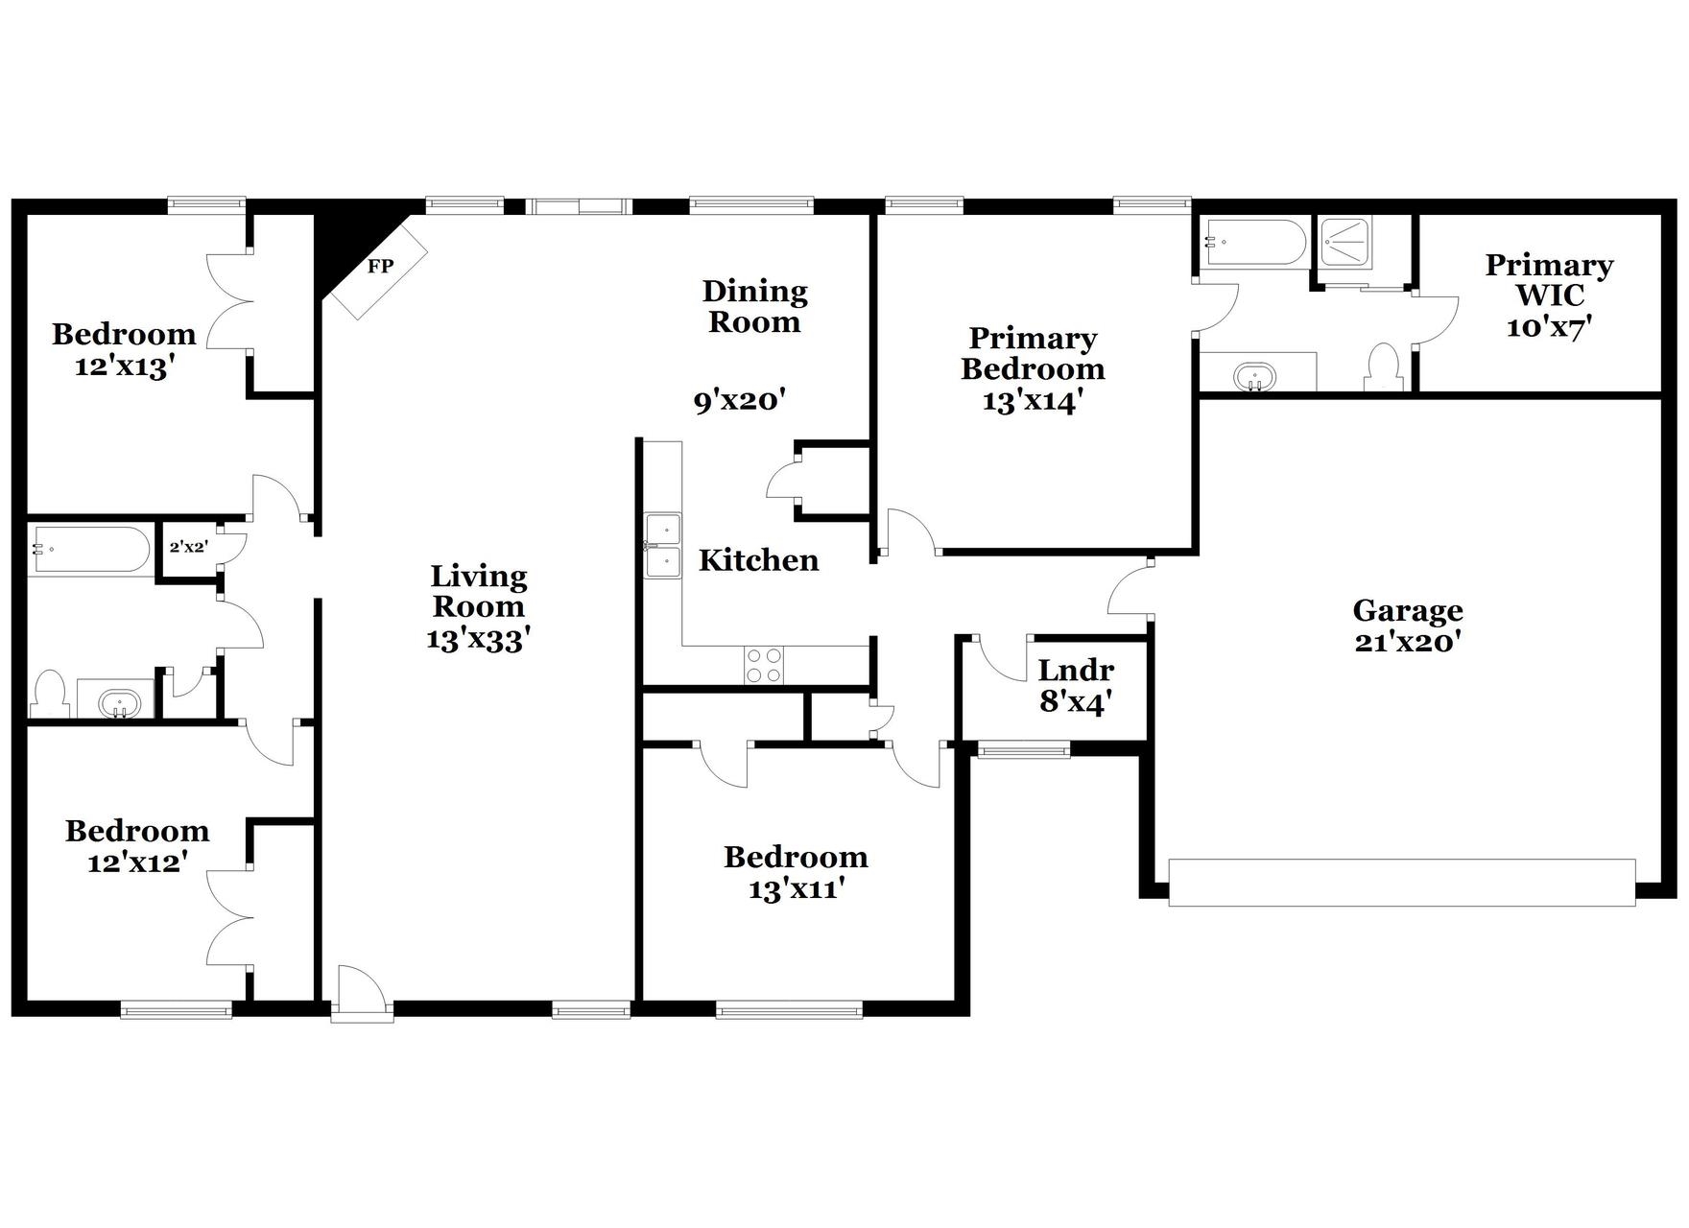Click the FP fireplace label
[381, 267]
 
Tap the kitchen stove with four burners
[763, 665]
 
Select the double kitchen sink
[663, 546]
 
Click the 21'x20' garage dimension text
[1407, 642]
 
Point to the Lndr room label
[1076, 670]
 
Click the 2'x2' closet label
[188, 547]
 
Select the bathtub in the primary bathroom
[1255, 242]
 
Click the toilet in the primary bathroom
[1383, 366]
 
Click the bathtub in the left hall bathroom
[88, 550]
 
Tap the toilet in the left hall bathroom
[48, 695]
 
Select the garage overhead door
[1401, 883]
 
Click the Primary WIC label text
[1549, 279]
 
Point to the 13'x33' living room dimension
[478, 639]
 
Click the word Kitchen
[758, 560]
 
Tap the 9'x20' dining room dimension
[740, 400]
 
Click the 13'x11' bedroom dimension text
[796, 889]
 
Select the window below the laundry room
[1022, 750]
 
